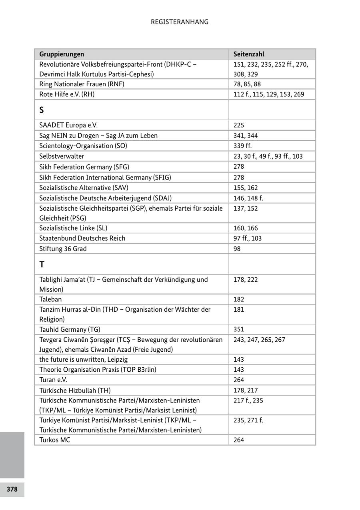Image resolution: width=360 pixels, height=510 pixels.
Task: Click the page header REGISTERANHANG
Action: [x=180, y=22]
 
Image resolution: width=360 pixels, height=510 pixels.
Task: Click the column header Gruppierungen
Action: [x=62, y=54]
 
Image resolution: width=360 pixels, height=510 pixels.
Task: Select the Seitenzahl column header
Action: [x=249, y=54]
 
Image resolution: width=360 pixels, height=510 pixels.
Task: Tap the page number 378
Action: [x=12, y=489]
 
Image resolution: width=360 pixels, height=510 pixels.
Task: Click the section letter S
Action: [x=42, y=110]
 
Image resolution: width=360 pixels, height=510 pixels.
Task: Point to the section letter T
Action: [x=42, y=264]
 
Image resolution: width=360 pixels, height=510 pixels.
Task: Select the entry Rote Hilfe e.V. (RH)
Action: [x=67, y=94]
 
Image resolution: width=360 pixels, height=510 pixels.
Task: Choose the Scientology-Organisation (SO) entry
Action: [x=83, y=145]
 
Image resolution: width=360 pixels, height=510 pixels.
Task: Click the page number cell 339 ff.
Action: [x=242, y=145]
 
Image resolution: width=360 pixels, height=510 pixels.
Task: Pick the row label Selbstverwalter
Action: [x=62, y=156]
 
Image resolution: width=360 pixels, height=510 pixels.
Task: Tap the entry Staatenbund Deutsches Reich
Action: [x=82, y=238]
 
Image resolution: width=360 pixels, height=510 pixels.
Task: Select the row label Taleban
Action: [x=50, y=299]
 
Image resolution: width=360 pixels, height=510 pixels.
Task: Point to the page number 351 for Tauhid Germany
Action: [x=239, y=329]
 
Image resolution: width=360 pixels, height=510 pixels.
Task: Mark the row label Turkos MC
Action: [x=54, y=440]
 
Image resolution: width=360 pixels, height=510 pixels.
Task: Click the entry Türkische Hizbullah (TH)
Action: [x=75, y=390]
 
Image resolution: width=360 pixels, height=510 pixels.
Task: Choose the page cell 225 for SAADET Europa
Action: [x=239, y=125]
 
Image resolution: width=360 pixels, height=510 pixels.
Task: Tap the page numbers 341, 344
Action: [x=246, y=135]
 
